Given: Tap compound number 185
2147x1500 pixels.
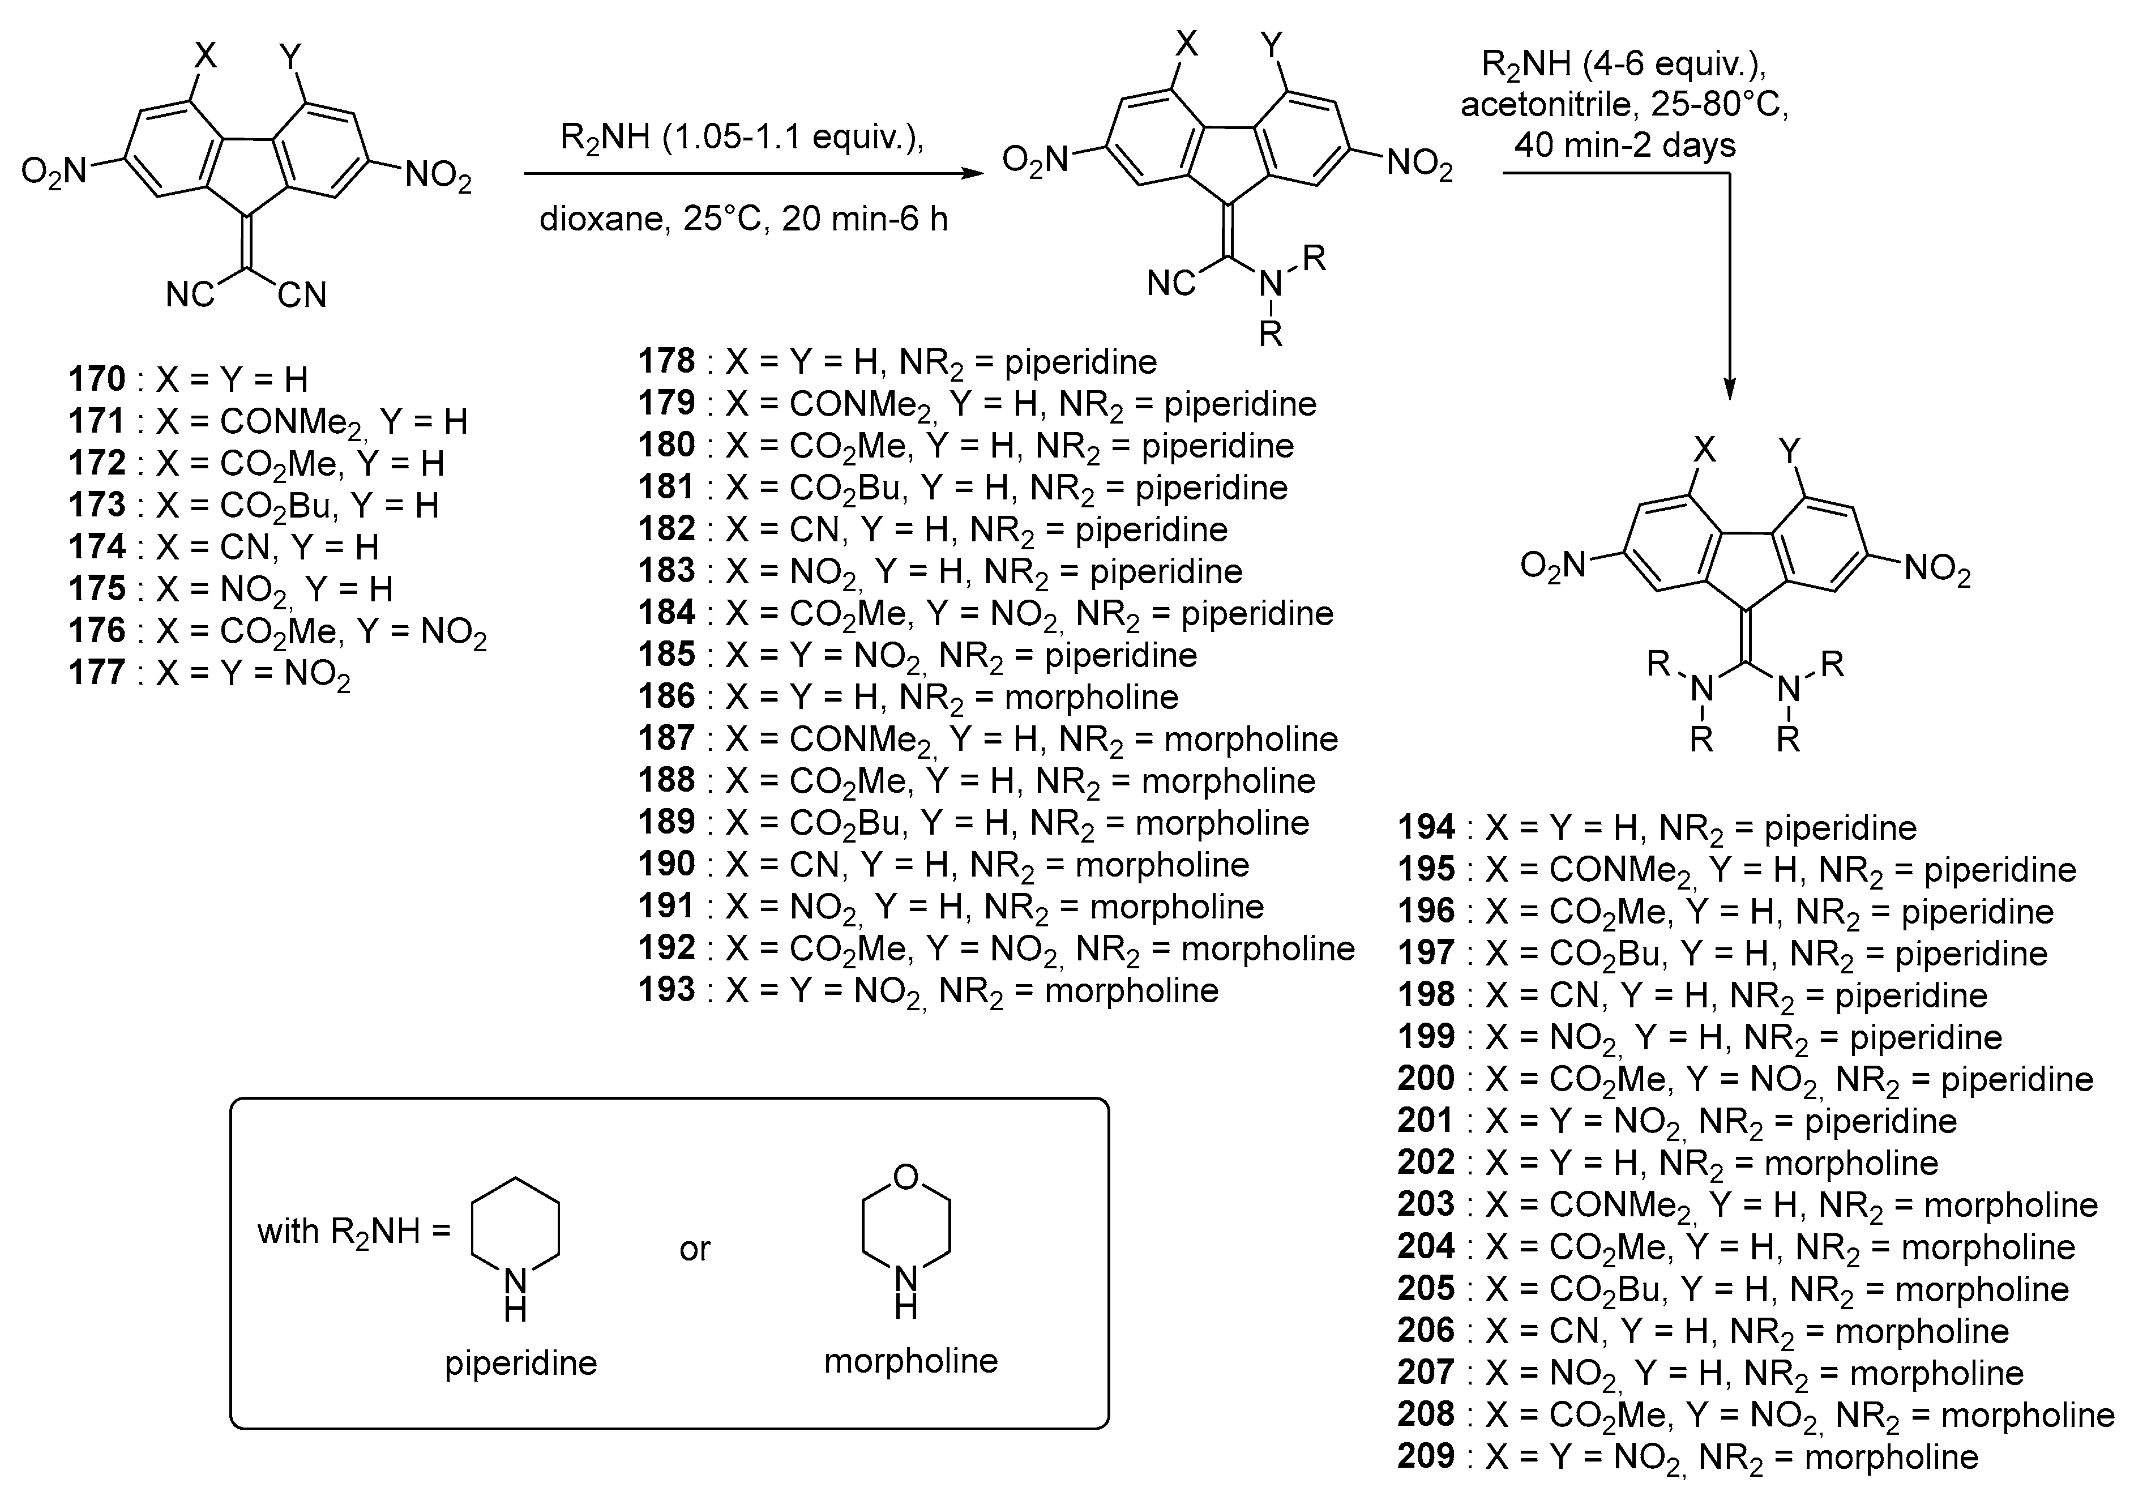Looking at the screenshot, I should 667,655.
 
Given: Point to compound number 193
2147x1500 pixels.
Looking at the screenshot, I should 667,989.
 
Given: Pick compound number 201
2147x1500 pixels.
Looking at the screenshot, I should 1426,1120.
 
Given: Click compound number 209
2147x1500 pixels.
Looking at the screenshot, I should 1426,1455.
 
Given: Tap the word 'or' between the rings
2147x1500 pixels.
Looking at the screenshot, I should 695,1249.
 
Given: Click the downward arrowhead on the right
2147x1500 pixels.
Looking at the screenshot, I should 1729,387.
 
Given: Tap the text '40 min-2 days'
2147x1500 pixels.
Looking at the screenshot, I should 1625,145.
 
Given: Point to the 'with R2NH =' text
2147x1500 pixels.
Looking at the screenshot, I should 353,1233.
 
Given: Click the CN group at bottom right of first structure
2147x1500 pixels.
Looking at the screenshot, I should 301,296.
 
